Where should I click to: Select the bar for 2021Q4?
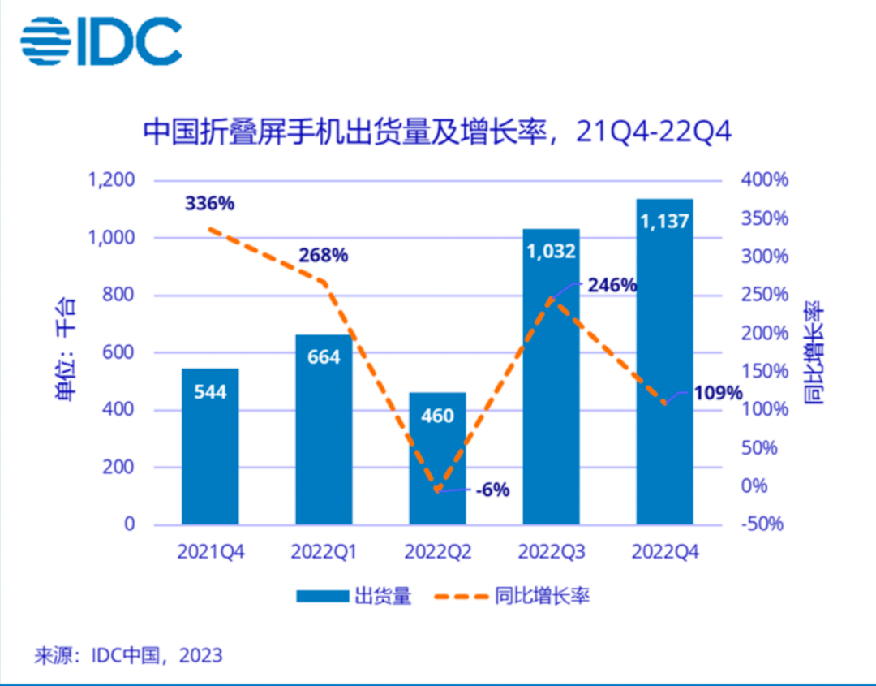coord(210,447)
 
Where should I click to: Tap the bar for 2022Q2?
coord(437,459)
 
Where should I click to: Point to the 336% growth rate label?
coord(209,203)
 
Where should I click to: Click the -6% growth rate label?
coord(493,490)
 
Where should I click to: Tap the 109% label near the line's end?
coord(718,394)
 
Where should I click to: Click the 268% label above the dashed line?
coord(323,255)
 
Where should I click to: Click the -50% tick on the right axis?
coord(762,524)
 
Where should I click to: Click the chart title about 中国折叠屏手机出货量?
coord(437,132)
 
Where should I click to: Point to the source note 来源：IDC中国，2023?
coord(128,655)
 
